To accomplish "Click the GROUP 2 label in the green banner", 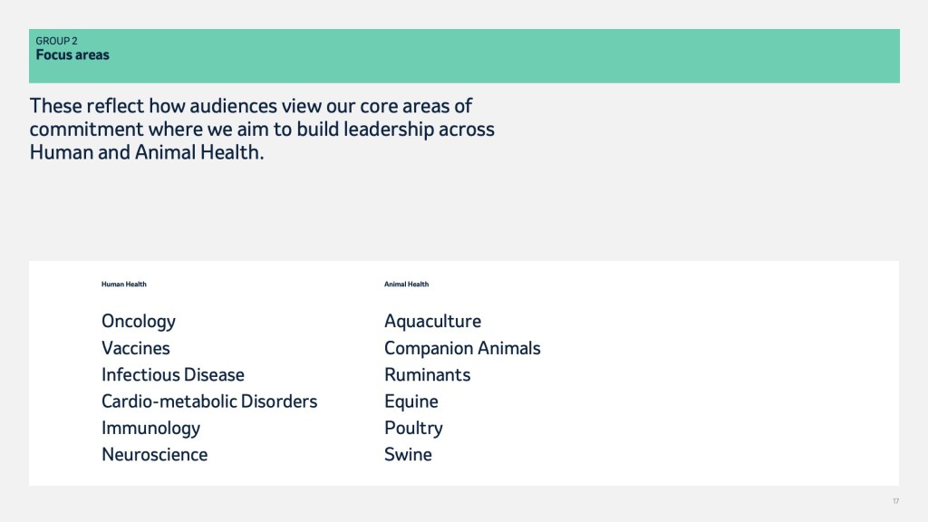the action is click(56, 41).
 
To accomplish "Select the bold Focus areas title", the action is click(72, 55).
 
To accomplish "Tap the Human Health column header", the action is click(123, 284).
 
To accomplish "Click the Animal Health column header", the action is click(407, 284).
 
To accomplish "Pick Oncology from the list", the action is click(139, 322).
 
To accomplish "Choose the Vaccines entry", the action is click(136, 348).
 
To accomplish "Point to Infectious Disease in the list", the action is click(173, 374).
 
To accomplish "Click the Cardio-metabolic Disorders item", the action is click(209, 401).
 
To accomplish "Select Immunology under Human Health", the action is click(151, 429).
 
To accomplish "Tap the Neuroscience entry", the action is click(154, 455).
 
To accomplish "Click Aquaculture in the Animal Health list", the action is click(432, 322).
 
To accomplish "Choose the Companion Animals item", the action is click(462, 348).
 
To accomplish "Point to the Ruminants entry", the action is click(428, 374).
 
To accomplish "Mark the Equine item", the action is click(411, 401).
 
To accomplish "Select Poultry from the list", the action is click(413, 429).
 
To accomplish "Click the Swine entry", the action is click(409, 455).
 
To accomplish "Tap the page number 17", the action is click(896, 501).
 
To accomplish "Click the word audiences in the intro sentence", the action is click(233, 106).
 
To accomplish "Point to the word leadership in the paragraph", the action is click(389, 130).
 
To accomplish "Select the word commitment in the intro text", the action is click(86, 129).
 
